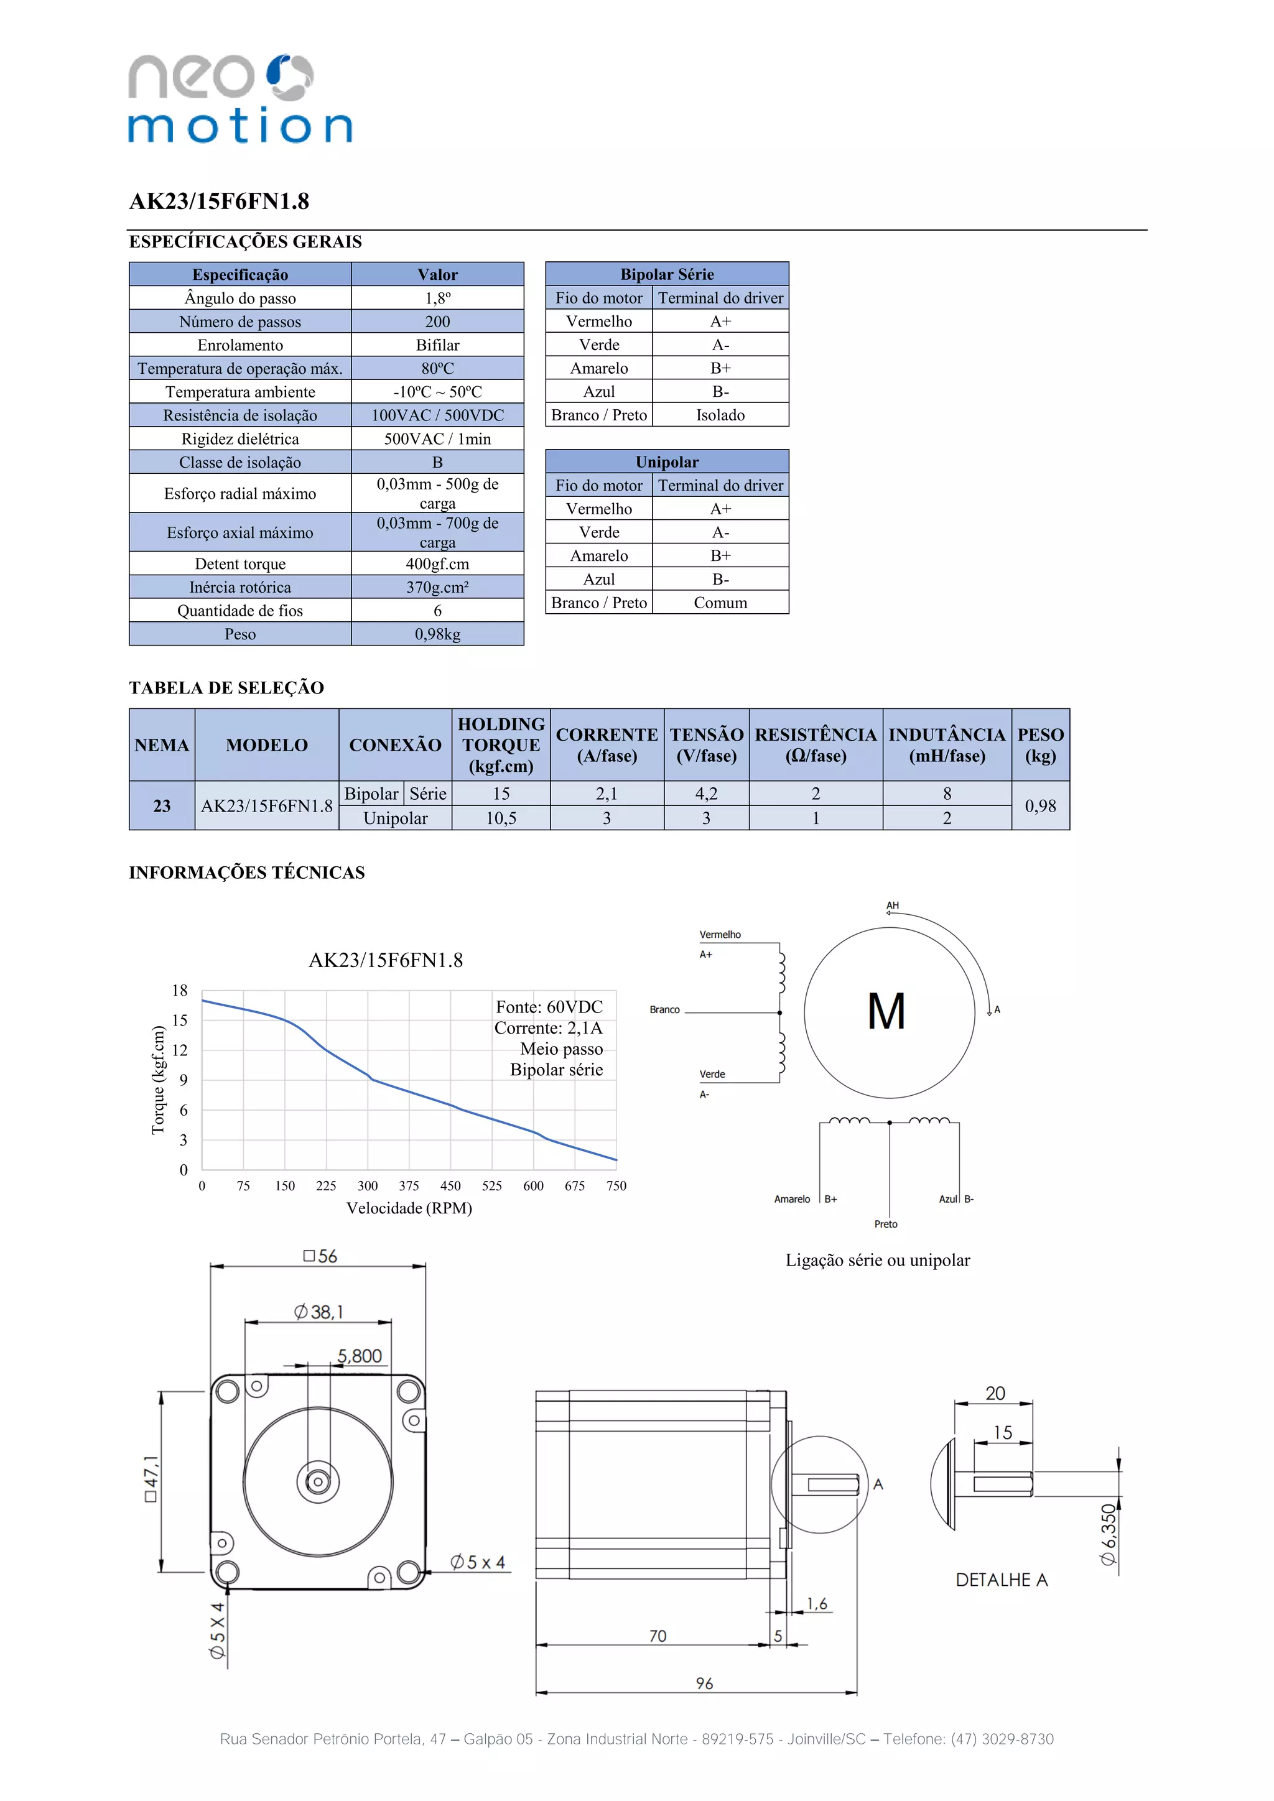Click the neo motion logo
pyautogui.click(x=239, y=99)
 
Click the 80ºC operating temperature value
pyautogui.click(x=437, y=368)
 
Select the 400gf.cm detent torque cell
pyautogui.click(x=437, y=564)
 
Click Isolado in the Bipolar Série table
pyautogui.click(x=720, y=415)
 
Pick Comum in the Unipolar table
pyautogui.click(x=720, y=603)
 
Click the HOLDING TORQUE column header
pyautogui.click(x=501, y=745)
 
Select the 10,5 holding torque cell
pyautogui.click(x=501, y=818)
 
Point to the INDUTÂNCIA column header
pyautogui.click(x=946, y=745)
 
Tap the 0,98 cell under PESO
pyautogui.click(x=1040, y=805)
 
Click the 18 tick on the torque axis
pyautogui.click(x=180, y=991)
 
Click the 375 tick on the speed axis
pyautogui.click(x=409, y=1186)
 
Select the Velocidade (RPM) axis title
pyautogui.click(x=409, y=1208)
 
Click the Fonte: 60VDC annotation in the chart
pyautogui.click(x=549, y=1007)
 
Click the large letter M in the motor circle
pyautogui.click(x=886, y=1012)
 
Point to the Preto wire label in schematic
pyautogui.click(x=886, y=1224)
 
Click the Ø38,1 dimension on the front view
pyautogui.click(x=318, y=1312)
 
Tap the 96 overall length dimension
pyautogui.click(x=704, y=1683)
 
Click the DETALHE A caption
pyautogui.click(x=1001, y=1580)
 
